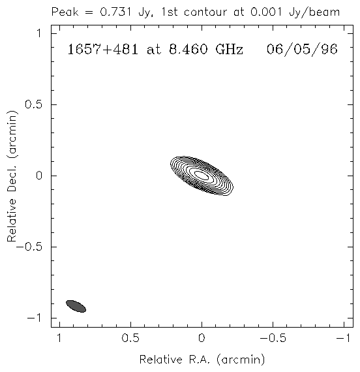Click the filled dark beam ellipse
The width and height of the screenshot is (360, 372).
pos(76,306)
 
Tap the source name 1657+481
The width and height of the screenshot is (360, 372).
pos(102,50)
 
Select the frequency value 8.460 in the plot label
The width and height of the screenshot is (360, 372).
pos(188,50)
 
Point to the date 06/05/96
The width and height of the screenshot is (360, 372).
pos(302,50)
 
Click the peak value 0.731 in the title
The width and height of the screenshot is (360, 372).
pos(115,12)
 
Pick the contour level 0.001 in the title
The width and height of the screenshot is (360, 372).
pos(267,12)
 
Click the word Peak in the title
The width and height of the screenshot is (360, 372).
pos(65,12)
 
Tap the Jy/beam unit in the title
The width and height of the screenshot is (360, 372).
pos(314,12)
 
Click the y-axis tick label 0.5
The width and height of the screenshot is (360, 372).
pos(33,104)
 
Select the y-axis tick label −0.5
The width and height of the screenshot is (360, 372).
pos(29,247)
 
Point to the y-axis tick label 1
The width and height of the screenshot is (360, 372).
pos(39,33)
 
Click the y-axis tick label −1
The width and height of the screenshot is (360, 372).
pos(34,318)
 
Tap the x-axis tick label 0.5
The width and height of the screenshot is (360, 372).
pos(130,338)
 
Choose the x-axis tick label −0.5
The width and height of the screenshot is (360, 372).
pos(273,338)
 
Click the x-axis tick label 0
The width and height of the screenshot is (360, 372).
pos(202,338)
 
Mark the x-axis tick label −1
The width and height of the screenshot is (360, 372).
pos(344,338)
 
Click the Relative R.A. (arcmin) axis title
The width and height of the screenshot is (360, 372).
pos(202,360)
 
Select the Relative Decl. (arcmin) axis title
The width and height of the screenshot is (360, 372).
pos(12,176)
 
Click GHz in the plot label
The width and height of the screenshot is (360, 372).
pos(230,50)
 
